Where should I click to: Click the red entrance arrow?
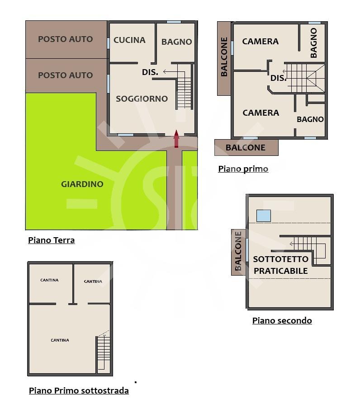point(176,139)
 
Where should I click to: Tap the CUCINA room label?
point(129,40)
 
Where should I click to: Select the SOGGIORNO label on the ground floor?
point(142,98)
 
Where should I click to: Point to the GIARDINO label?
point(82,184)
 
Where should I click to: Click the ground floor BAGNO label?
point(177,42)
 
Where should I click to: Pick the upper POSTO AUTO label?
point(66,39)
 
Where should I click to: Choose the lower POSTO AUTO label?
point(66,75)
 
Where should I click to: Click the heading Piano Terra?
point(51,240)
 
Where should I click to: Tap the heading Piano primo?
point(243,169)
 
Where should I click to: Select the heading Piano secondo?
point(282,320)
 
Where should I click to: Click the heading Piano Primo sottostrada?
point(79,390)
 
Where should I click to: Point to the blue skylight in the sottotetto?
point(264,216)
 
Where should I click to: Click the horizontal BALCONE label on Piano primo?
point(246,148)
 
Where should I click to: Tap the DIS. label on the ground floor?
point(150,72)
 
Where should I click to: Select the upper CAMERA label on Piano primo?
point(261,42)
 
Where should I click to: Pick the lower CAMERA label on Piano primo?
point(261,113)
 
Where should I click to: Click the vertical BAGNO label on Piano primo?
point(313,43)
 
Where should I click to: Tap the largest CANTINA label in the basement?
point(60,340)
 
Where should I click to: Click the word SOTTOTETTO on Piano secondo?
point(281,259)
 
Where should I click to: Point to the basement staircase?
point(104,352)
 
